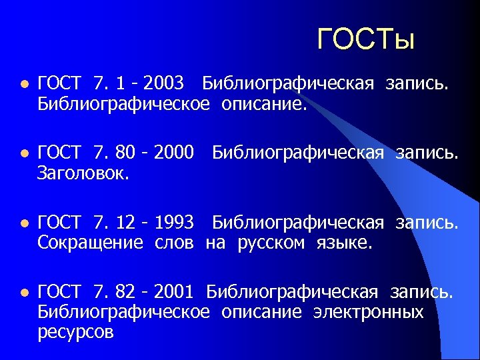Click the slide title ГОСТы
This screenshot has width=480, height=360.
click(x=366, y=39)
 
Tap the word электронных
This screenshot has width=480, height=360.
click(x=368, y=311)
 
